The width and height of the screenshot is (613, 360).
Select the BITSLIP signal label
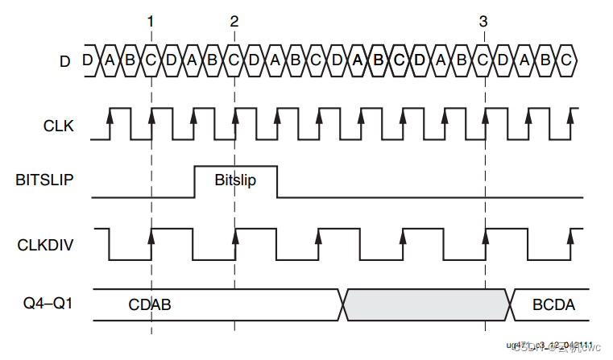pos(46,180)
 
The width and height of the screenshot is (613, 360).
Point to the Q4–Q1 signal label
pos(51,304)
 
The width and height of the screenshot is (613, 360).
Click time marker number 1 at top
pos(151,22)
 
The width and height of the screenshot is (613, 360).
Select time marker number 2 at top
pos(234,22)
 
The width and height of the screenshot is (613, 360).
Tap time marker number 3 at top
pos(483,22)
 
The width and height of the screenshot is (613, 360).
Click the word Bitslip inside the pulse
pos(235,180)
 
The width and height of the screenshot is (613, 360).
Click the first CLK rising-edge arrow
pos(110,118)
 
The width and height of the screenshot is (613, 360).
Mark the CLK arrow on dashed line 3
pos(485,118)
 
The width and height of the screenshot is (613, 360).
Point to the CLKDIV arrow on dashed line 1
pos(151,234)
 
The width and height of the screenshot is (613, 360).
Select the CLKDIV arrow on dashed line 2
pos(234,234)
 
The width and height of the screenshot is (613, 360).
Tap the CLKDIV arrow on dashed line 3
pos(485,234)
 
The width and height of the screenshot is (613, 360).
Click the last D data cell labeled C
pos(566,60)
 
